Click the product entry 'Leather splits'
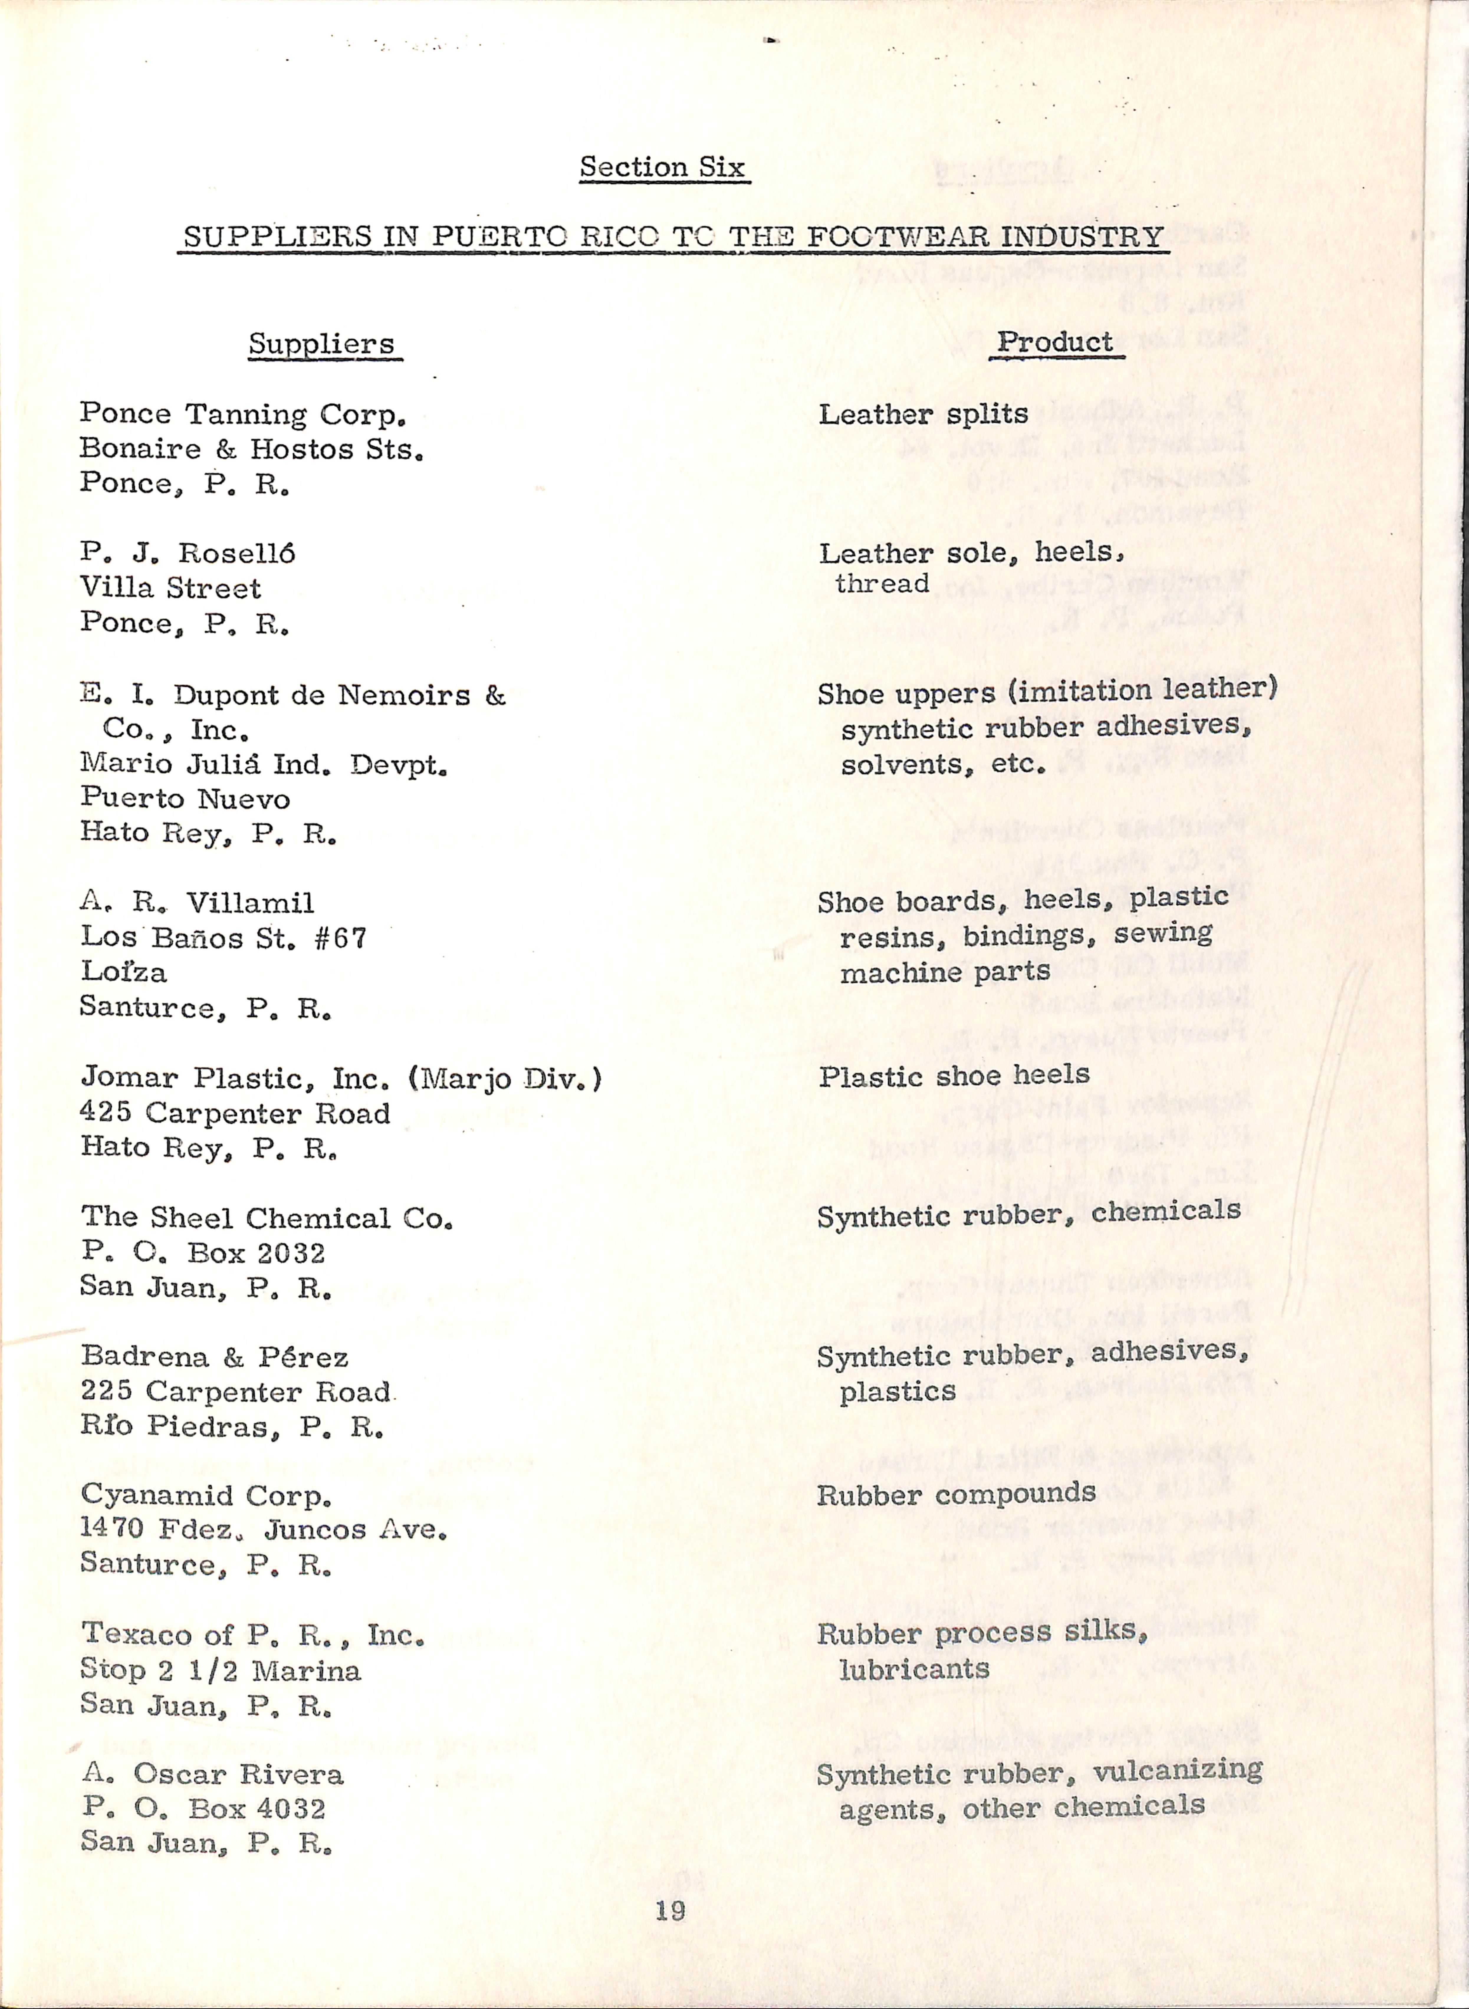[x=923, y=414]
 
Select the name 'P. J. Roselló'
[x=188, y=553]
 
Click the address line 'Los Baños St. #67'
[x=223, y=938]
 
